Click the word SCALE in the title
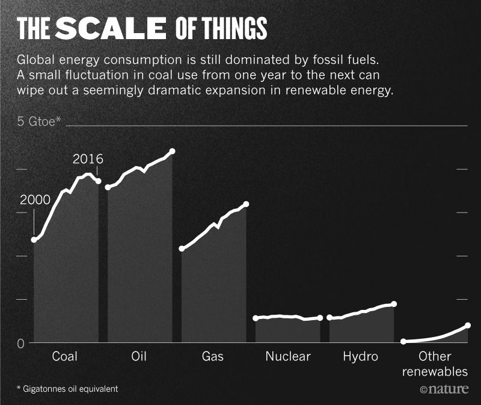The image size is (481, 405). (114, 28)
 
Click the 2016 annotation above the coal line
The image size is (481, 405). (88, 159)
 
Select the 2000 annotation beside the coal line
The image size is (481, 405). (35, 200)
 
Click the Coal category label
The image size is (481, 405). (65, 356)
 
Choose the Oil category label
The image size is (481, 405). (139, 356)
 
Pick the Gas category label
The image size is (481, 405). (213, 356)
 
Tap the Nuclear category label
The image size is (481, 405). (288, 356)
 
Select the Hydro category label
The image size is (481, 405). (360, 356)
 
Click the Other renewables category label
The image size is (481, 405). (435, 363)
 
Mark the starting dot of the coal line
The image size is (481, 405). (34, 240)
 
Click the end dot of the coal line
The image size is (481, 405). (98, 181)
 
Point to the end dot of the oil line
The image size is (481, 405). (172, 151)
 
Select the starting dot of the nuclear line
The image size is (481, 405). (256, 318)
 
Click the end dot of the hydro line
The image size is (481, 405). (394, 305)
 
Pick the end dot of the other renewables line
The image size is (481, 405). (468, 326)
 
